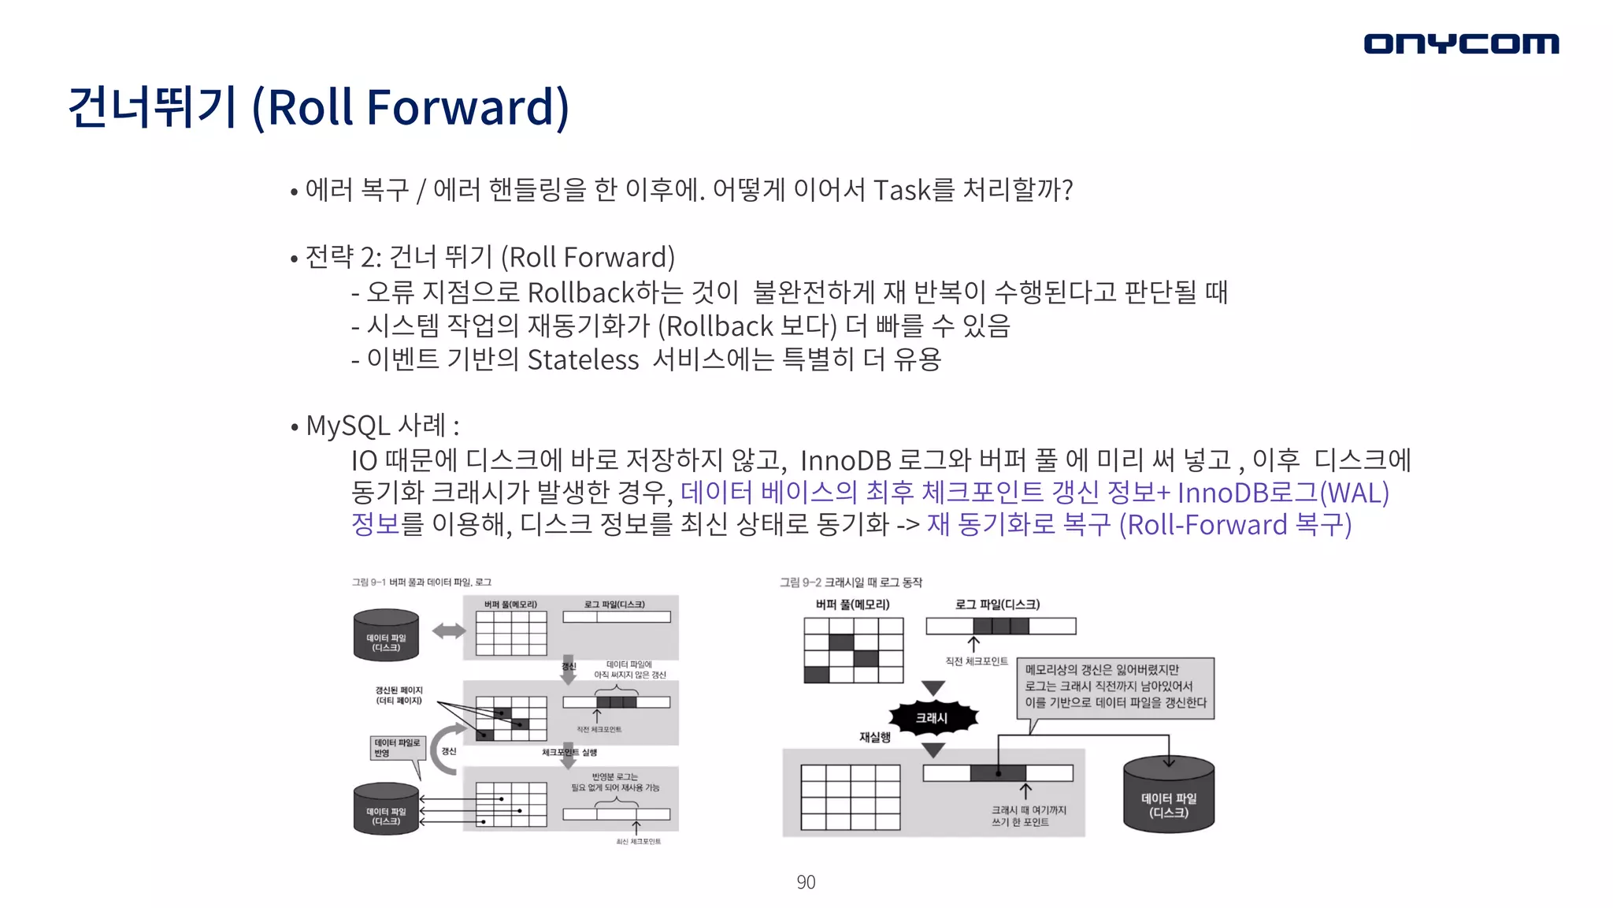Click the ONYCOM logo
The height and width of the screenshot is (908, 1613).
point(1461,43)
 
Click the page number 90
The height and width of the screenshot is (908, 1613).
point(806,882)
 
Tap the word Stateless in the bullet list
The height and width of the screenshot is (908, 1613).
point(583,360)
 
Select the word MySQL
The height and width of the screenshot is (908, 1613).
point(347,426)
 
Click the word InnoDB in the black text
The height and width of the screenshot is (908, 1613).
point(845,460)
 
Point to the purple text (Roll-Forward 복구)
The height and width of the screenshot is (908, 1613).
point(1235,525)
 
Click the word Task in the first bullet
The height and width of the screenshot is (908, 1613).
point(902,190)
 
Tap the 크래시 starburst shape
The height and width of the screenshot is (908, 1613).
point(933,718)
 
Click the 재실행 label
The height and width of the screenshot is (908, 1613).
point(874,738)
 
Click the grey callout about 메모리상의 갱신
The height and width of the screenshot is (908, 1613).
point(1115,687)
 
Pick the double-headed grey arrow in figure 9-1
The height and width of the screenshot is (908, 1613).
point(449,631)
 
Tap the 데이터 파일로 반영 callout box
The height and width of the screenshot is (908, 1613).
point(397,748)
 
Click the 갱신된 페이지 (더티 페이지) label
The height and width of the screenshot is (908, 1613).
point(399,695)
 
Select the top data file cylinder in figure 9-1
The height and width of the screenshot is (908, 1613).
point(386,635)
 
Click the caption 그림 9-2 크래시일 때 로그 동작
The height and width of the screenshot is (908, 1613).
point(851,582)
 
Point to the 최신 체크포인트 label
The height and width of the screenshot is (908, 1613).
point(638,842)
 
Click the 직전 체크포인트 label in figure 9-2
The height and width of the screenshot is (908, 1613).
point(977,661)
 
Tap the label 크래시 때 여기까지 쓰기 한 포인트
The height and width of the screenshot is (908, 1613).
point(1029,816)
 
